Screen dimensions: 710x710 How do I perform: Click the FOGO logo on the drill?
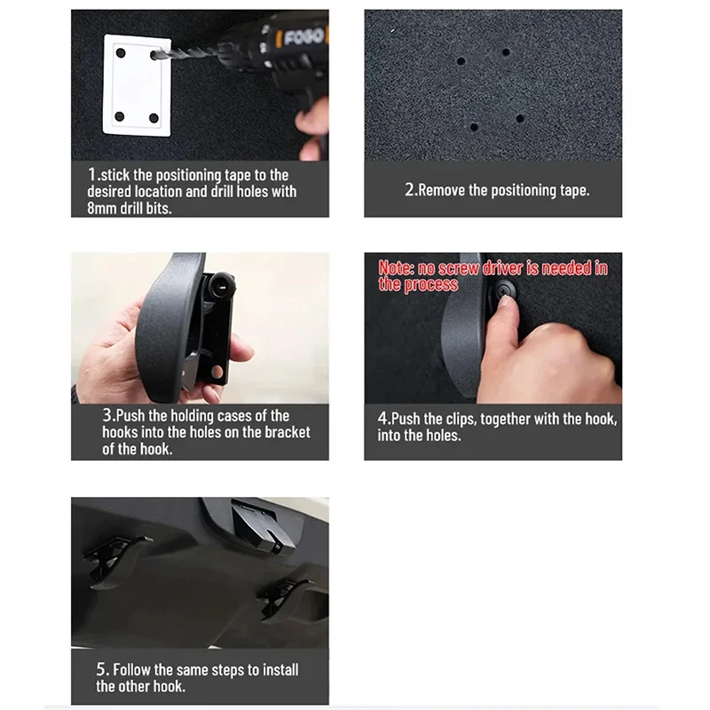[x=303, y=36]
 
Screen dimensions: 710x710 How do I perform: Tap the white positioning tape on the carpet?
[x=137, y=85]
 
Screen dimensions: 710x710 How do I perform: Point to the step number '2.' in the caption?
[x=410, y=189]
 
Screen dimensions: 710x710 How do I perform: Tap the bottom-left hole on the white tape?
[x=120, y=117]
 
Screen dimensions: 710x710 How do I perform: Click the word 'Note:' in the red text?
[x=396, y=268]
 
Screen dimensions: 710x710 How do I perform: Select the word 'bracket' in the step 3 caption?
[x=287, y=432]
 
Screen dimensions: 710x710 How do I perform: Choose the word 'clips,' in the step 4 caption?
[x=456, y=419]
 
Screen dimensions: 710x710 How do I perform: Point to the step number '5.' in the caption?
[x=102, y=669]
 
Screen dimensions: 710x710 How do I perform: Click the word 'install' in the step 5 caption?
[x=280, y=670]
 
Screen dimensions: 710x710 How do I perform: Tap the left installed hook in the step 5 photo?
[x=115, y=562]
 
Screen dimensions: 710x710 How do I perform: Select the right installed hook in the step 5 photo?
[x=284, y=597]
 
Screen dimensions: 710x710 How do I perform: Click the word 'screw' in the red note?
[x=458, y=269]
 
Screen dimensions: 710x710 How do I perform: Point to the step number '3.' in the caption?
[x=108, y=414]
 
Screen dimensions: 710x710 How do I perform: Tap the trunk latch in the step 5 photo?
[x=263, y=525]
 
